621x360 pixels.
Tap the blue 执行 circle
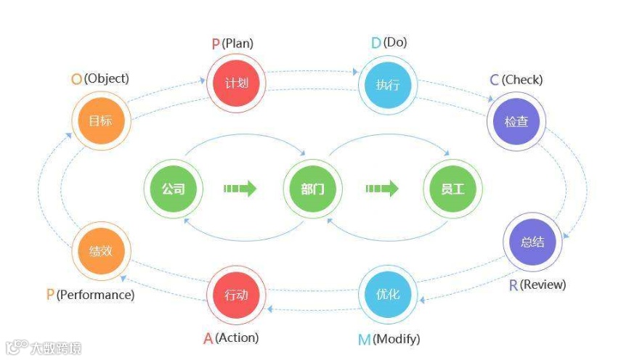387,84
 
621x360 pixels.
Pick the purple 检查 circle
516,121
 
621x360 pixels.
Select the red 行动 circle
236,295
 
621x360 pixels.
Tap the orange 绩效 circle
101,251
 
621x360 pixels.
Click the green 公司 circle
173,189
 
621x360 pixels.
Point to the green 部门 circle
313,189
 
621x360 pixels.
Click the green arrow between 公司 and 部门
240,189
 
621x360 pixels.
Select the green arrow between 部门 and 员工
382,189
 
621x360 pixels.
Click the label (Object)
106,78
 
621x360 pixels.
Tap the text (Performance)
95,295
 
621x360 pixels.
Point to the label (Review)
543,285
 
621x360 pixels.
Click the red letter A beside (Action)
208,338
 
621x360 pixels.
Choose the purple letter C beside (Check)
495,80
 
